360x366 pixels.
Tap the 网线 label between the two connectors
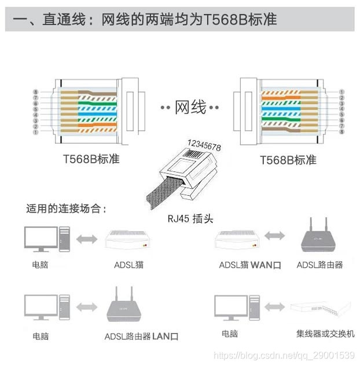(x=190, y=107)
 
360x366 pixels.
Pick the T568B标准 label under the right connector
(x=288, y=159)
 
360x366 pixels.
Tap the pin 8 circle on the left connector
(x=36, y=92)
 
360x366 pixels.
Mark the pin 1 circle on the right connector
(x=341, y=92)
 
